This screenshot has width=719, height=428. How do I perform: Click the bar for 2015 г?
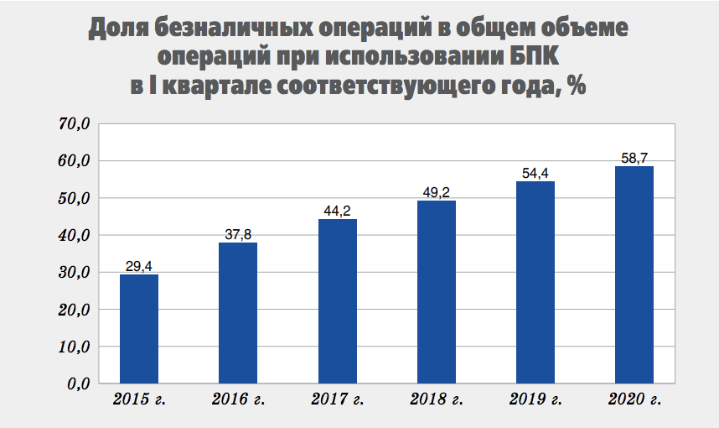139,328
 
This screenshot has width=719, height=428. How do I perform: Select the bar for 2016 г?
238,312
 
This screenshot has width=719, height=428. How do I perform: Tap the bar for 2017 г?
337,300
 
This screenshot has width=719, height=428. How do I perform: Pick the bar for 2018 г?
436,291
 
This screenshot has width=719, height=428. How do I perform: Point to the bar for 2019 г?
535,282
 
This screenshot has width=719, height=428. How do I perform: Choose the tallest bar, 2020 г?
634,274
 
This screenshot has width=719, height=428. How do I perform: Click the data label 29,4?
139,267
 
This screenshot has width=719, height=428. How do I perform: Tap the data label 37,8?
238,235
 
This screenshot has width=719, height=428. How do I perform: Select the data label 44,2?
337,211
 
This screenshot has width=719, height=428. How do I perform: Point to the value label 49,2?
436,193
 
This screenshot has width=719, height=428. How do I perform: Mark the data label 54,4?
535,174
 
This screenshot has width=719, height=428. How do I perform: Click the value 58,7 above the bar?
634,158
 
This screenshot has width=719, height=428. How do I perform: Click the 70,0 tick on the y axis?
74,124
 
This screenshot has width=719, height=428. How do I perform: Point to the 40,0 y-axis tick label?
74,235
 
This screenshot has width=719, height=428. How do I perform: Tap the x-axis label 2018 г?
437,400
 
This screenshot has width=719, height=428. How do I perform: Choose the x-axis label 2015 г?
139,400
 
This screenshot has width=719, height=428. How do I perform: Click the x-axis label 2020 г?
634,400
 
